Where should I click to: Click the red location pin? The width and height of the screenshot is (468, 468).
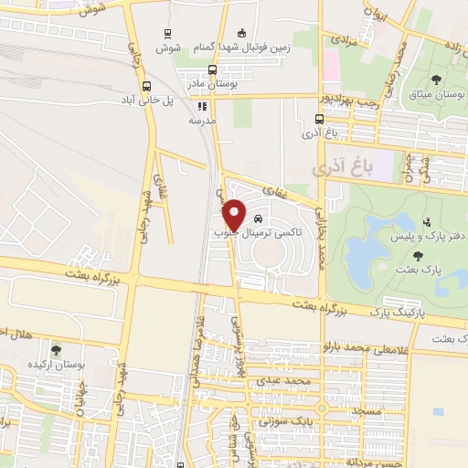pos(236,215)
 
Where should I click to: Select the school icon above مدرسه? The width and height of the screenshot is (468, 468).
pos(200,106)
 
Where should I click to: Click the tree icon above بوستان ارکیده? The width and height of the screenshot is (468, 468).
pos(57,349)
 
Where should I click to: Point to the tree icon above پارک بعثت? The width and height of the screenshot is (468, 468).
pos(419,255)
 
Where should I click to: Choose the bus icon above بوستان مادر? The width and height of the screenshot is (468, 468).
pos(212,69)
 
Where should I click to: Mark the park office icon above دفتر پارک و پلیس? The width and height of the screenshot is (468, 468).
pos(427,222)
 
